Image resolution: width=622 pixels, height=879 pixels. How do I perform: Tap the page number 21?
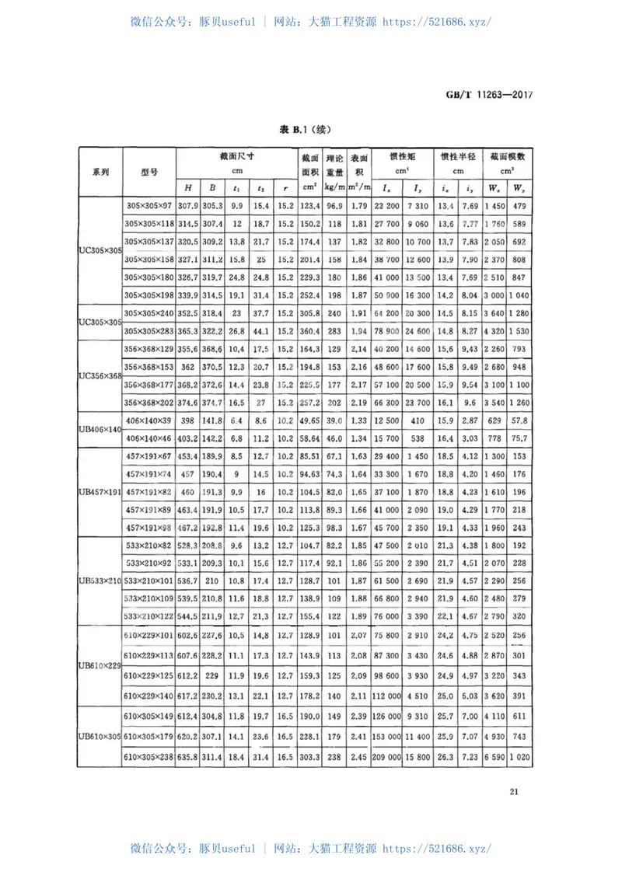514,792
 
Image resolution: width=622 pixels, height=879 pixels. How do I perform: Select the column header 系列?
100,172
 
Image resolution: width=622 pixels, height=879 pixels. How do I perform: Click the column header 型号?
150,172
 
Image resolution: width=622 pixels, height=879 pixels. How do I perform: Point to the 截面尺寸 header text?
237,156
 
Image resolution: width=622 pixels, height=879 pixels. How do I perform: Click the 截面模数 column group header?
507,156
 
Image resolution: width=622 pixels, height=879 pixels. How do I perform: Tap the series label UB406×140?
101,429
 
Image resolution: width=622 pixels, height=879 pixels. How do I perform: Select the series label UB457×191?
101,494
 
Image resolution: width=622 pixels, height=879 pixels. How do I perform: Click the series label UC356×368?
101,376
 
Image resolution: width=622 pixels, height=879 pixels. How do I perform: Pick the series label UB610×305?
101,735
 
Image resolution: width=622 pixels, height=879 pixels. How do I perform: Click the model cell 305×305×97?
150,205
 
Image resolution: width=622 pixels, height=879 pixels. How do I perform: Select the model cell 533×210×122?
150,615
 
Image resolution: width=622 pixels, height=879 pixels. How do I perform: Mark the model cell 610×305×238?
150,757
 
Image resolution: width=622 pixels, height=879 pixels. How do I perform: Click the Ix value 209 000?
386,757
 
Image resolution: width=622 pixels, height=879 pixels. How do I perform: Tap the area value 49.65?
310,420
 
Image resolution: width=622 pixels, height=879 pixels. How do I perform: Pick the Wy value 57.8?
521,420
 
